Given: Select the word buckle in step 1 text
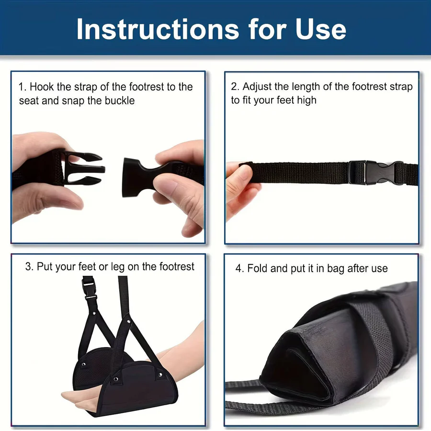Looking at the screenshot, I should click(x=120, y=101).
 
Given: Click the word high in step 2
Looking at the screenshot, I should click(x=306, y=100).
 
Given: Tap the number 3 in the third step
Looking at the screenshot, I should click(x=28, y=267).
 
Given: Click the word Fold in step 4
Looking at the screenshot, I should click(x=257, y=269).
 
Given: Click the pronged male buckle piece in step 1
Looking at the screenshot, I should click(x=81, y=169).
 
